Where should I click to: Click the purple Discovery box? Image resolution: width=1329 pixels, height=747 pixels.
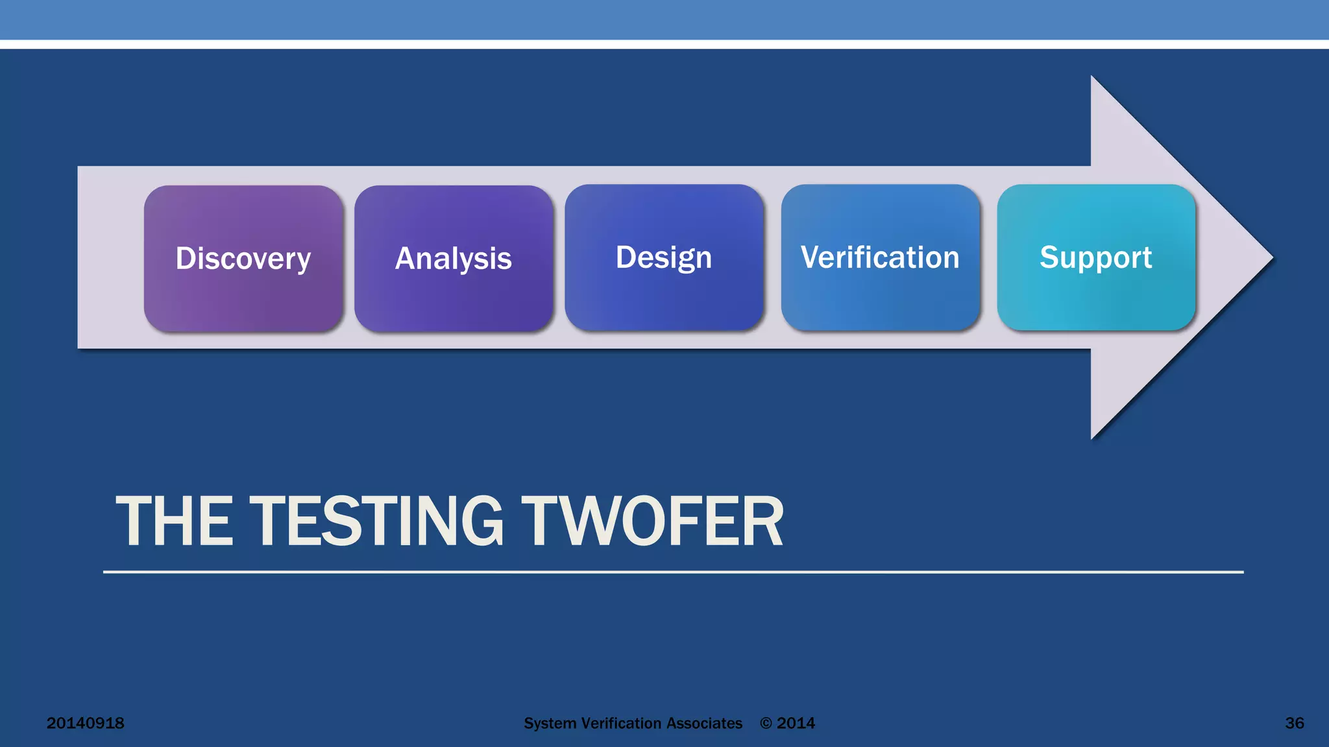click(x=243, y=258)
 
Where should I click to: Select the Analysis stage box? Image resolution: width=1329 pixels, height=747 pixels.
click(x=454, y=258)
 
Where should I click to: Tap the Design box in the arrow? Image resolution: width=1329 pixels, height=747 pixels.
click(x=664, y=257)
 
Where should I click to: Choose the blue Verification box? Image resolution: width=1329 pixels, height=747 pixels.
click(x=880, y=257)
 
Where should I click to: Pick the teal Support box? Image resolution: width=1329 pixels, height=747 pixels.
click(x=1096, y=257)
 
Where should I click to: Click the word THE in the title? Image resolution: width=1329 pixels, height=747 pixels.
click(x=175, y=521)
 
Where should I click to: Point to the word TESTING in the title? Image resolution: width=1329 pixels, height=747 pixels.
click(x=376, y=521)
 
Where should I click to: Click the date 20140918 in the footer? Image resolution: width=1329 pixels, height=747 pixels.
click(x=85, y=723)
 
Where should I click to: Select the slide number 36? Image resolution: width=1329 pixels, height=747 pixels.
click(x=1294, y=723)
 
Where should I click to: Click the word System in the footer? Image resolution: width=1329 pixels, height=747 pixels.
click(x=550, y=723)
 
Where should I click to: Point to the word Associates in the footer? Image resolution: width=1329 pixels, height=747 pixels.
click(x=704, y=723)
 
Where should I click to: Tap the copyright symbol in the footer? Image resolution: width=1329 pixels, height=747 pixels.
click(x=766, y=723)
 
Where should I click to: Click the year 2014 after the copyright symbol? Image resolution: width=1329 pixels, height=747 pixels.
click(x=796, y=723)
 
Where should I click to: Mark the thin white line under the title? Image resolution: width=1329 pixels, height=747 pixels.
click(x=673, y=572)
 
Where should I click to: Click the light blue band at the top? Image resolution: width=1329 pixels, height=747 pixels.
click(x=664, y=19)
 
